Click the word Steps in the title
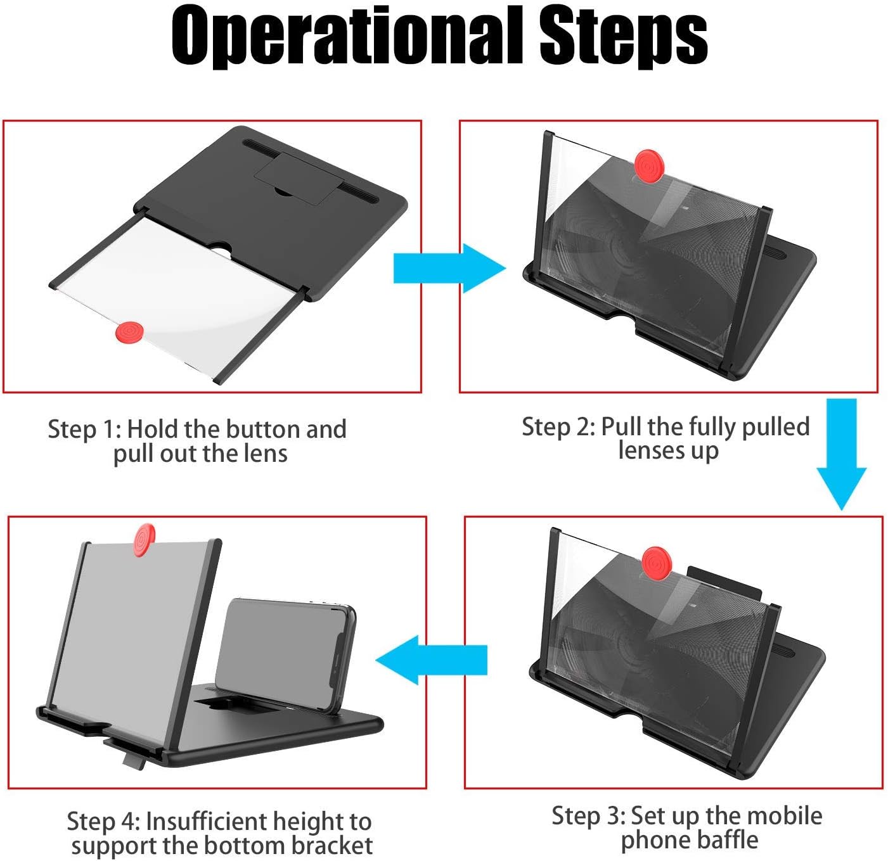tap(623, 37)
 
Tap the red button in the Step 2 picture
tap(649, 165)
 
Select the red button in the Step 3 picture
tap(656, 564)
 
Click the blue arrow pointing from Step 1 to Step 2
tap(450, 268)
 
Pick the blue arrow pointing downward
tap(842, 454)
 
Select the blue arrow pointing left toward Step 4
tap(431, 660)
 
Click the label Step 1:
tap(84, 429)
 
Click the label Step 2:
tap(558, 427)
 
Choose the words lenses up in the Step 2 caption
tap(669, 450)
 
